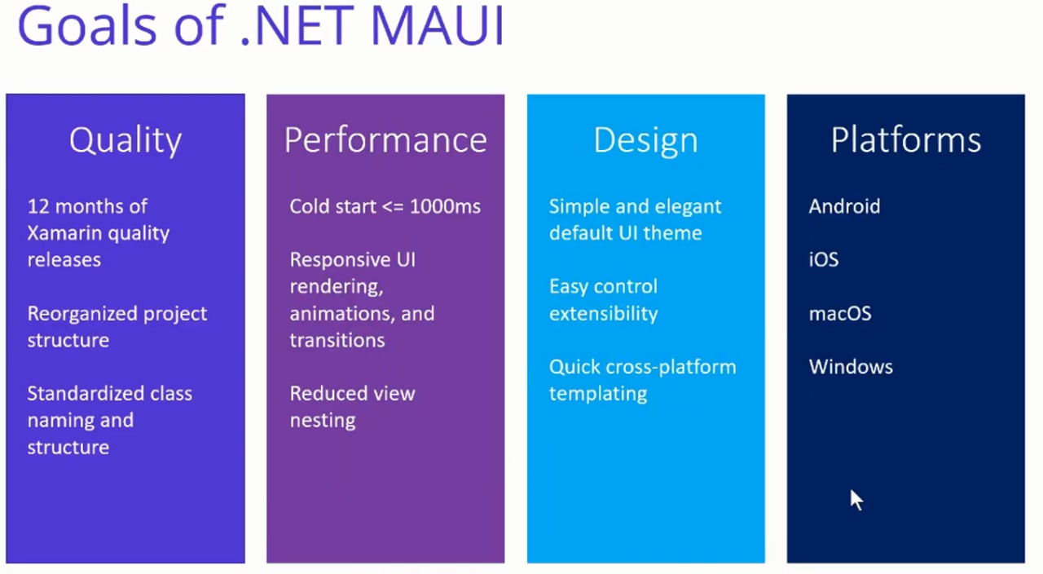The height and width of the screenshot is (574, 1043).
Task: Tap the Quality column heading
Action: (125, 141)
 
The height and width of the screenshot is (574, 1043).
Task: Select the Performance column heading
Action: (385, 139)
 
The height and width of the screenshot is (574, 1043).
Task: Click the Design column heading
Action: (646, 141)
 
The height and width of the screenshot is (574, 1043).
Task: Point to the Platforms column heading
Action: (906, 139)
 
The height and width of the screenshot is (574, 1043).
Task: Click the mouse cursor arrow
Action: (856, 500)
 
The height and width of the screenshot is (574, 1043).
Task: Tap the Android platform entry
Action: (845, 206)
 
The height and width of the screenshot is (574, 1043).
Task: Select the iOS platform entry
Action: (824, 259)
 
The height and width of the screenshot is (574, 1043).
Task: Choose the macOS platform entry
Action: (840, 314)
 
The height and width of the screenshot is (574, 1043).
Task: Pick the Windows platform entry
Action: (851, 367)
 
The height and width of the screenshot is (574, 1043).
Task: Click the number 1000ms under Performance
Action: (445, 206)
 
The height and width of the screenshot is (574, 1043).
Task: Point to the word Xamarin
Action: (64, 233)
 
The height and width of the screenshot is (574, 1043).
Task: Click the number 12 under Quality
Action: (38, 206)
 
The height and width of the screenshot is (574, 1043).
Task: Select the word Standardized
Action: (82, 394)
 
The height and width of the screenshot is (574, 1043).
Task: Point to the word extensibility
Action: (604, 314)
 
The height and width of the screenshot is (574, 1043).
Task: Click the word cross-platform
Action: (670, 368)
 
